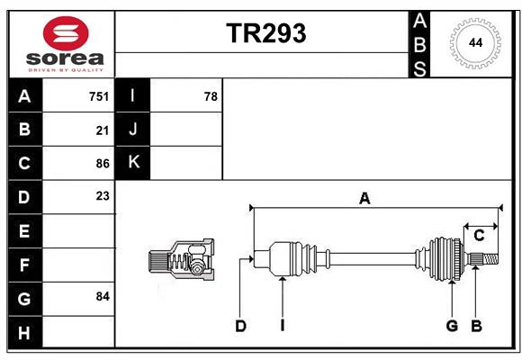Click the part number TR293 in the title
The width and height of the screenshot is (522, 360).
pyautogui.click(x=265, y=33)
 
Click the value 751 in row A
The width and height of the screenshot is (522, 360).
pyautogui.click(x=99, y=96)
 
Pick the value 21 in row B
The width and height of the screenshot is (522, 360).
pyautogui.click(x=103, y=130)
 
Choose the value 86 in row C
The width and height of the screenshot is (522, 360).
pyautogui.click(x=103, y=164)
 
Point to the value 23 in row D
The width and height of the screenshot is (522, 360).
pyautogui.click(x=103, y=194)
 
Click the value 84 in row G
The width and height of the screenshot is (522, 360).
pyautogui.click(x=103, y=296)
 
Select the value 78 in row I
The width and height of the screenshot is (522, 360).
pyautogui.click(x=211, y=96)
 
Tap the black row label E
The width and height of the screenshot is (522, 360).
pyautogui.click(x=24, y=232)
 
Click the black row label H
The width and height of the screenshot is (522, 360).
pyautogui.click(x=24, y=333)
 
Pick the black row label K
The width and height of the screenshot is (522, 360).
pyautogui.click(x=134, y=163)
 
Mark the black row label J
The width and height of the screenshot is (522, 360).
pyautogui.click(x=134, y=130)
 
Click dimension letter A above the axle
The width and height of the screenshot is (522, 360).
pyautogui.click(x=364, y=199)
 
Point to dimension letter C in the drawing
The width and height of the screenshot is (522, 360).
pyautogui.click(x=479, y=236)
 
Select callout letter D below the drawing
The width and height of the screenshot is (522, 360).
pyautogui.click(x=240, y=326)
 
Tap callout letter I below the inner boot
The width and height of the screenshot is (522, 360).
pyautogui.click(x=282, y=326)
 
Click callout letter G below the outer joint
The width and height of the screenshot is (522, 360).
pyautogui.click(x=452, y=326)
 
